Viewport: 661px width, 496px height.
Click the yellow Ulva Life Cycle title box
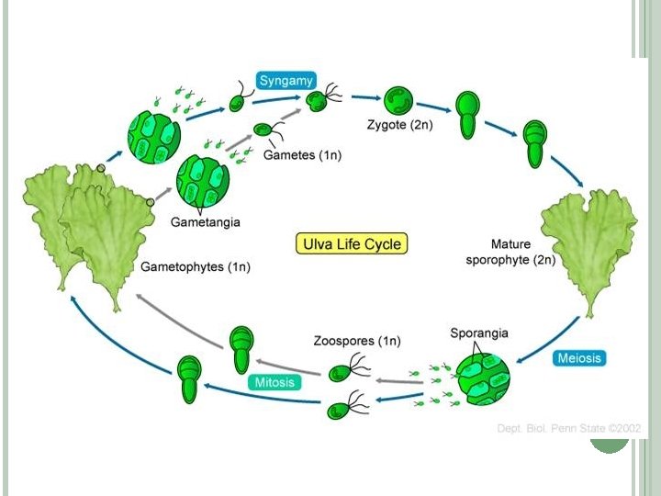click(351, 244)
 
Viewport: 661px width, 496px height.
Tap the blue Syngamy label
click(286, 81)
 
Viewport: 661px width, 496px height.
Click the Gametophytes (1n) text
click(196, 267)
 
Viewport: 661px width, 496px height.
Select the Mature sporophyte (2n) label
click(522, 253)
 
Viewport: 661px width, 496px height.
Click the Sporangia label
click(479, 333)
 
